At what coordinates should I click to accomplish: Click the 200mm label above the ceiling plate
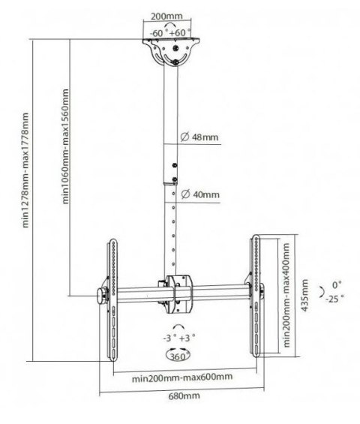tap(166, 17)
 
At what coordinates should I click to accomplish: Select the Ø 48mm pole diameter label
tap(199, 137)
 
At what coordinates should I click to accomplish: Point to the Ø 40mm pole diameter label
tap(200, 194)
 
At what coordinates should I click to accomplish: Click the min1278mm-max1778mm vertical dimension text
tap(25, 170)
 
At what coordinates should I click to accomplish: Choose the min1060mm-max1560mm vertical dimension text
tap(66, 146)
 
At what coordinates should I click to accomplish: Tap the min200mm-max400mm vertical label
tap(286, 295)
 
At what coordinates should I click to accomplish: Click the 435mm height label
tap(304, 295)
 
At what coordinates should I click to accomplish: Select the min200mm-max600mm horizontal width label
tap(182, 377)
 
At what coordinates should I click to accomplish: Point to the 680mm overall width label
tap(184, 396)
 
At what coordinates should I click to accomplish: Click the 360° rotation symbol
tap(178, 356)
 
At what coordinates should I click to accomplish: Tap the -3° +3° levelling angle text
tap(179, 338)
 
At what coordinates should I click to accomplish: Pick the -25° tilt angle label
tap(334, 299)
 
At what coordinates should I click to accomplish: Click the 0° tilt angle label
tap(337, 284)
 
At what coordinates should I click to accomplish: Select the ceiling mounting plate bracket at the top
tap(171, 52)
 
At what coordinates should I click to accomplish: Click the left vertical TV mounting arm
tap(112, 299)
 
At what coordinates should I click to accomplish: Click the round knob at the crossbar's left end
tap(101, 296)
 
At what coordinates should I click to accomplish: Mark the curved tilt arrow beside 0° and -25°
tap(322, 292)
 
